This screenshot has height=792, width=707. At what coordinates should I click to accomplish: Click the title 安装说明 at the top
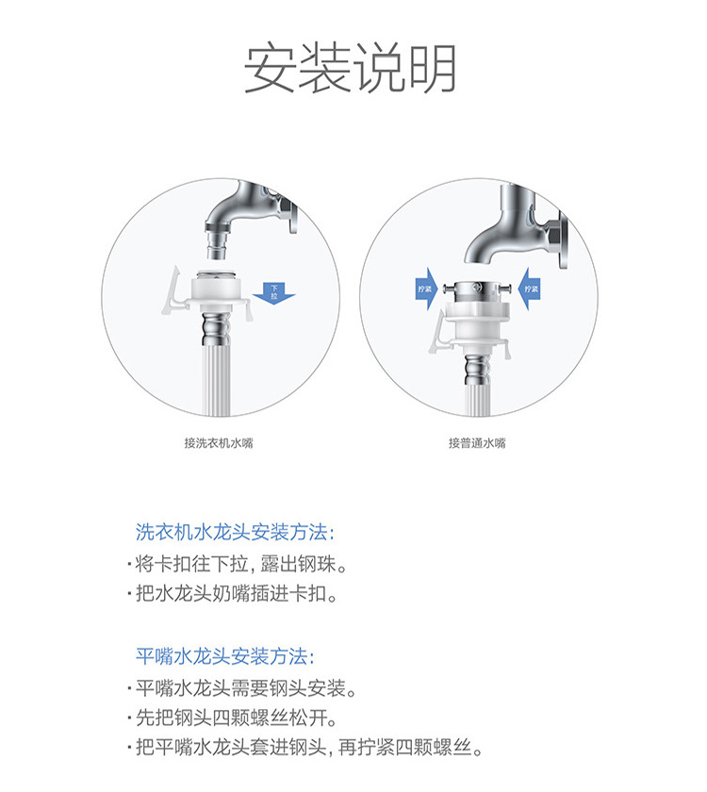tap(351, 68)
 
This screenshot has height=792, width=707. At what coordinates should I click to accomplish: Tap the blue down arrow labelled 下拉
tap(273, 293)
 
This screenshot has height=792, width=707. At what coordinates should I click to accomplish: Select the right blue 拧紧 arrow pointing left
tap(530, 289)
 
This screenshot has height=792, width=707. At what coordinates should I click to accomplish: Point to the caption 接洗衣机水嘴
tap(218, 443)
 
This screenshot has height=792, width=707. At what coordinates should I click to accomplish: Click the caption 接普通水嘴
tap(477, 443)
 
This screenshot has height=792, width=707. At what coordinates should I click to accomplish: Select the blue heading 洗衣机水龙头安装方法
tap(235, 532)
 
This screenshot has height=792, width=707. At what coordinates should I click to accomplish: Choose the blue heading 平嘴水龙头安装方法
tap(225, 656)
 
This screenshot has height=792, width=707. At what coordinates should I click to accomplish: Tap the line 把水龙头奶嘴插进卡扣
tap(233, 593)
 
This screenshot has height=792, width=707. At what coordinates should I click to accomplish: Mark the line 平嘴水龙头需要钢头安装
tap(242, 687)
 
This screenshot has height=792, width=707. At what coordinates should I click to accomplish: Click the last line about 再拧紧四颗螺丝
tap(306, 747)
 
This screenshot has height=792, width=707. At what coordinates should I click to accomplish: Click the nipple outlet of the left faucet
tap(217, 245)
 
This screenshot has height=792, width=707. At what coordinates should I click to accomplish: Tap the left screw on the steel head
tap(449, 289)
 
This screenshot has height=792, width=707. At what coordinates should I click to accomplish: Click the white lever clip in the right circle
tap(437, 334)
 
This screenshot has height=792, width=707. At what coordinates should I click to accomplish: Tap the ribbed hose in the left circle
tap(217, 379)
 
